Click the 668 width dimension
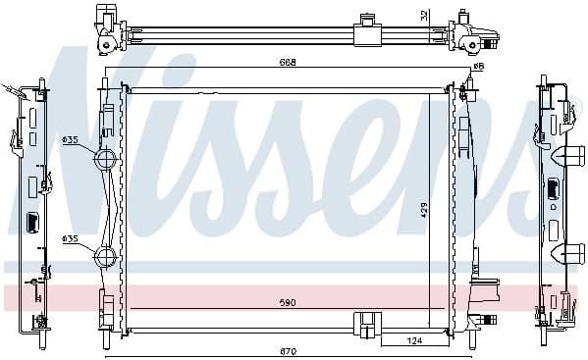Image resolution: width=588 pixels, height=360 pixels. coord(286,62)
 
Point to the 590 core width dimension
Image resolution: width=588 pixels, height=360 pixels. coord(286,302)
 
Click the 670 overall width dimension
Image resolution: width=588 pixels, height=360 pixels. coord(286,350)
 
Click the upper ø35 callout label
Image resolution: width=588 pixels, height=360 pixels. coord(70,139)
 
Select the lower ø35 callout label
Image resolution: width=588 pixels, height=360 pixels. coord(70,238)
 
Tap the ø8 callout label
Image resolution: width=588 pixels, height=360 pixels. coord(478,67)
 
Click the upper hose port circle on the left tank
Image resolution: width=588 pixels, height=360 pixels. coord(105,160)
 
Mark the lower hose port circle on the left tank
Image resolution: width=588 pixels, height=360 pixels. coord(105,259)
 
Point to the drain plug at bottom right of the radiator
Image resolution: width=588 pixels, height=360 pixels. coord(485,320)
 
